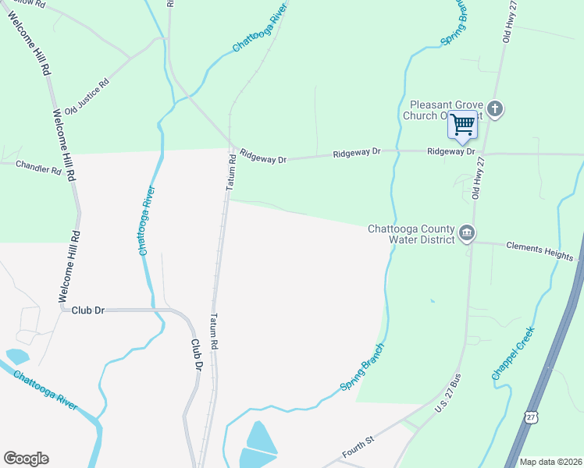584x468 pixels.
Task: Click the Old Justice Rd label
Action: tap(86, 96)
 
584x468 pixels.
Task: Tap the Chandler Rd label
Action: tap(38, 168)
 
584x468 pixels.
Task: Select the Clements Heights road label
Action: tap(539, 250)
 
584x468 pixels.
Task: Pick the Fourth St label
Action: tap(358, 452)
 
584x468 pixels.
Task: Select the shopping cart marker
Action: tap(462, 125)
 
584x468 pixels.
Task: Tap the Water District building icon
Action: tap(467, 232)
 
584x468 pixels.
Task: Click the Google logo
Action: tap(26, 459)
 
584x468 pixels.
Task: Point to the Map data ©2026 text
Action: tap(550, 462)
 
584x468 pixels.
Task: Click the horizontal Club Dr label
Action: tap(87, 310)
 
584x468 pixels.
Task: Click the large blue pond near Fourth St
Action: tap(260, 441)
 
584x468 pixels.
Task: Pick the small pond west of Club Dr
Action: tap(16, 356)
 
